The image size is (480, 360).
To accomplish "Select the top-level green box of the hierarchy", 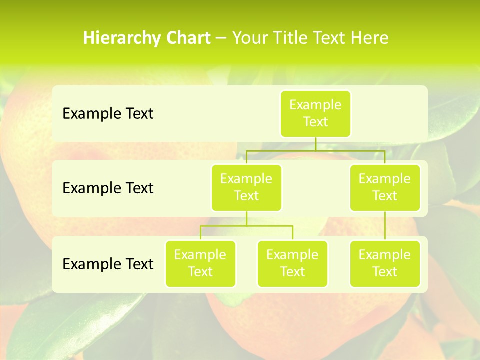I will pos(315,114).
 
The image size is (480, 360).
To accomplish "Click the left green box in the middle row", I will pos(246,188).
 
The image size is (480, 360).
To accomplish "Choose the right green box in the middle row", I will pos(385,188).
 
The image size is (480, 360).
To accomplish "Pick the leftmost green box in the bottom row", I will pos(200,264).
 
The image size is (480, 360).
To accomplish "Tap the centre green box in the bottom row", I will pos(292,264).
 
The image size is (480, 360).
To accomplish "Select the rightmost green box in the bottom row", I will pos(385,264).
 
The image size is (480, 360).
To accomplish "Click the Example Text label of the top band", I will pos(108,114).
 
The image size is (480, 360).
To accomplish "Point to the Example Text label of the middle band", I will pos(108,188).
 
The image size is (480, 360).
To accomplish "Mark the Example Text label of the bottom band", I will pos(108,264).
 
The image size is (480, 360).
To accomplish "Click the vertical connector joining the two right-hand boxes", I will pos(385,226).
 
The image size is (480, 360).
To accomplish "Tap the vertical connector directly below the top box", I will pos(315,144).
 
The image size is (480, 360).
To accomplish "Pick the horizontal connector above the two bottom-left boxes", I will pos(246,226).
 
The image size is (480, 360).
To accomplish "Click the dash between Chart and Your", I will pos(221,38).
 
